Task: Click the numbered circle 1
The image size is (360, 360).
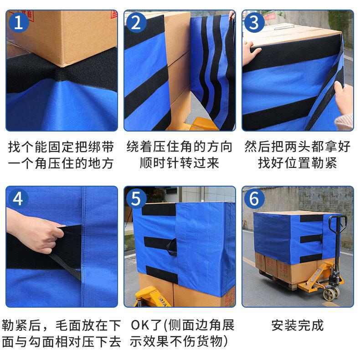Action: click(19, 22)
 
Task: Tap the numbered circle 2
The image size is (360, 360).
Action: click(136, 22)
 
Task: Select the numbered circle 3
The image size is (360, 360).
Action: click(254, 22)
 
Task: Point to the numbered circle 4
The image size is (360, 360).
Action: click(19, 199)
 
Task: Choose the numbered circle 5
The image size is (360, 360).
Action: click(136, 199)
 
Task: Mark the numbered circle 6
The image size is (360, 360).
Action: click(254, 199)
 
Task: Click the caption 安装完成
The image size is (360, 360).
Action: click(298, 325)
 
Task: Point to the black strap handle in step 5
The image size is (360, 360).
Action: click(172, 247)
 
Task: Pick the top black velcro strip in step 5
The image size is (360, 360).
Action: click(159, 209)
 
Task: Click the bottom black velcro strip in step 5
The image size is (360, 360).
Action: click(162, 274)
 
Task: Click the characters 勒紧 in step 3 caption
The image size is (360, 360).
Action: click(324, 163)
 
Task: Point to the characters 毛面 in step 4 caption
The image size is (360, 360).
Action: click(68, 325)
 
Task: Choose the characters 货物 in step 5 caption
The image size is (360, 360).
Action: click(209, 341)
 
